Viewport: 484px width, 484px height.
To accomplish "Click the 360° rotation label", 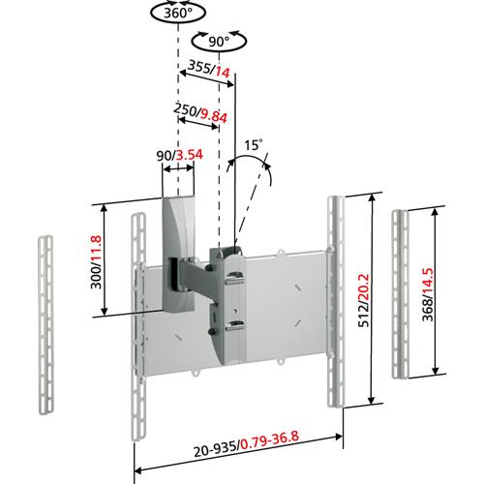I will coord(178,15).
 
